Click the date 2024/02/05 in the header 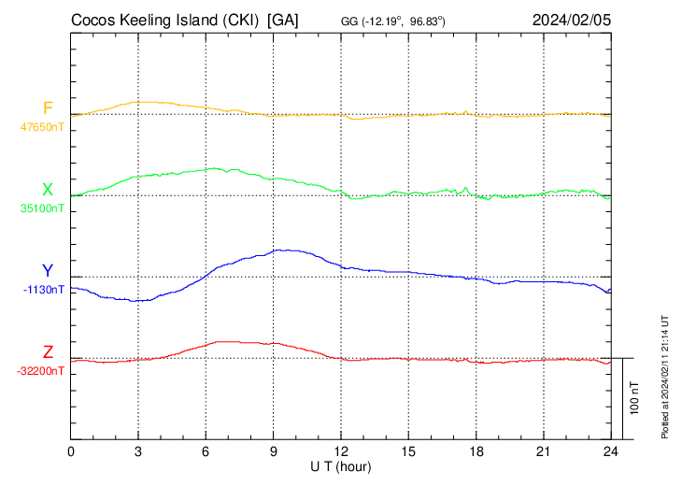click(x=572, y=19)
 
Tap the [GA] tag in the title click(x=283, y=19)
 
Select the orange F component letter click(x=48, y=107)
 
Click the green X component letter click(x=48, y=190)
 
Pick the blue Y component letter click(x=48, y=271)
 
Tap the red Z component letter click(x=48, y=352)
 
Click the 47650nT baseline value click(x=43, y=125)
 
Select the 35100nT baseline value click(x=43, y=207)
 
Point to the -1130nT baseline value click(x=45, y=289)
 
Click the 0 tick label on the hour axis click(x=71, y=451)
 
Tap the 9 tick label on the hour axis click(x=274, y=451)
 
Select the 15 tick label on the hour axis click(x=408, y=451)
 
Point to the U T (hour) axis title click(x=341, y=465)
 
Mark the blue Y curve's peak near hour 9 click(x=286, y=250)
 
